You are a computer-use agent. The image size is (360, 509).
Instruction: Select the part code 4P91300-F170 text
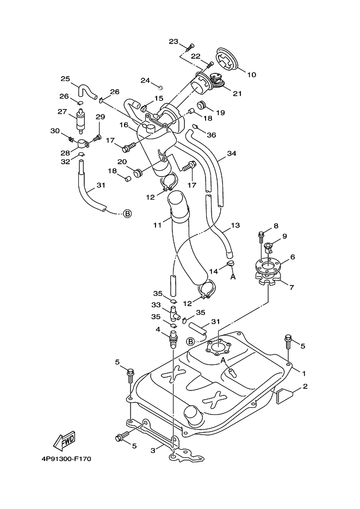[x=66, y=459]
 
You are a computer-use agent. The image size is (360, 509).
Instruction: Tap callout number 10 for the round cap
[x=252, y=75]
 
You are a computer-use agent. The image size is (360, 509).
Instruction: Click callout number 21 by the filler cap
[x=237, y=94]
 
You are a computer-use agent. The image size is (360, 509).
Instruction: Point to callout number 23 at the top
[x=173, y=41]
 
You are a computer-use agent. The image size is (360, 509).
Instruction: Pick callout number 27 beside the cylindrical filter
[x=63, y=111]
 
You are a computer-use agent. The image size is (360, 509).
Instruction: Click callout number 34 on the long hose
[x=232, y=153]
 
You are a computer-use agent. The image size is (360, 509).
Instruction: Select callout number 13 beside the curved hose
[x=235, y=225]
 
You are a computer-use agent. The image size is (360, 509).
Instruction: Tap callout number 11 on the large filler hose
[x=158, y=225]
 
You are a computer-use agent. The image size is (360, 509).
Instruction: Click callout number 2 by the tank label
[x=305, y=386]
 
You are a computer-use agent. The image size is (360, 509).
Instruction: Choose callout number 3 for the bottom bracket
[x=153, y=451]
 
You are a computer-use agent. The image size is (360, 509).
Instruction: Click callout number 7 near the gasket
[x=291, y=287]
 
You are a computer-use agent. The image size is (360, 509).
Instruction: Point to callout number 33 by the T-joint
[x=156, y=305]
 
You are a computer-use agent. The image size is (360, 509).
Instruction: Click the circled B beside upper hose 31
[x=128, y=213]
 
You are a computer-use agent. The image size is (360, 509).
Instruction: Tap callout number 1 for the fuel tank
[x=304, y=374]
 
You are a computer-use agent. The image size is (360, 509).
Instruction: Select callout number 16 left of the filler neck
[x=124, y=125]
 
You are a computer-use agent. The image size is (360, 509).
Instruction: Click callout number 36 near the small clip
[x=212, y=135]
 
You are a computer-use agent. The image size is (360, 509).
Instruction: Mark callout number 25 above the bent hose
[x=66, y=78]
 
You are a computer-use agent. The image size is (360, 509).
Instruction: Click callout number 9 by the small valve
[x=285, y=237]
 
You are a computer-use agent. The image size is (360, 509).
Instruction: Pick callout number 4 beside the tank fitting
[x=158, y=330]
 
